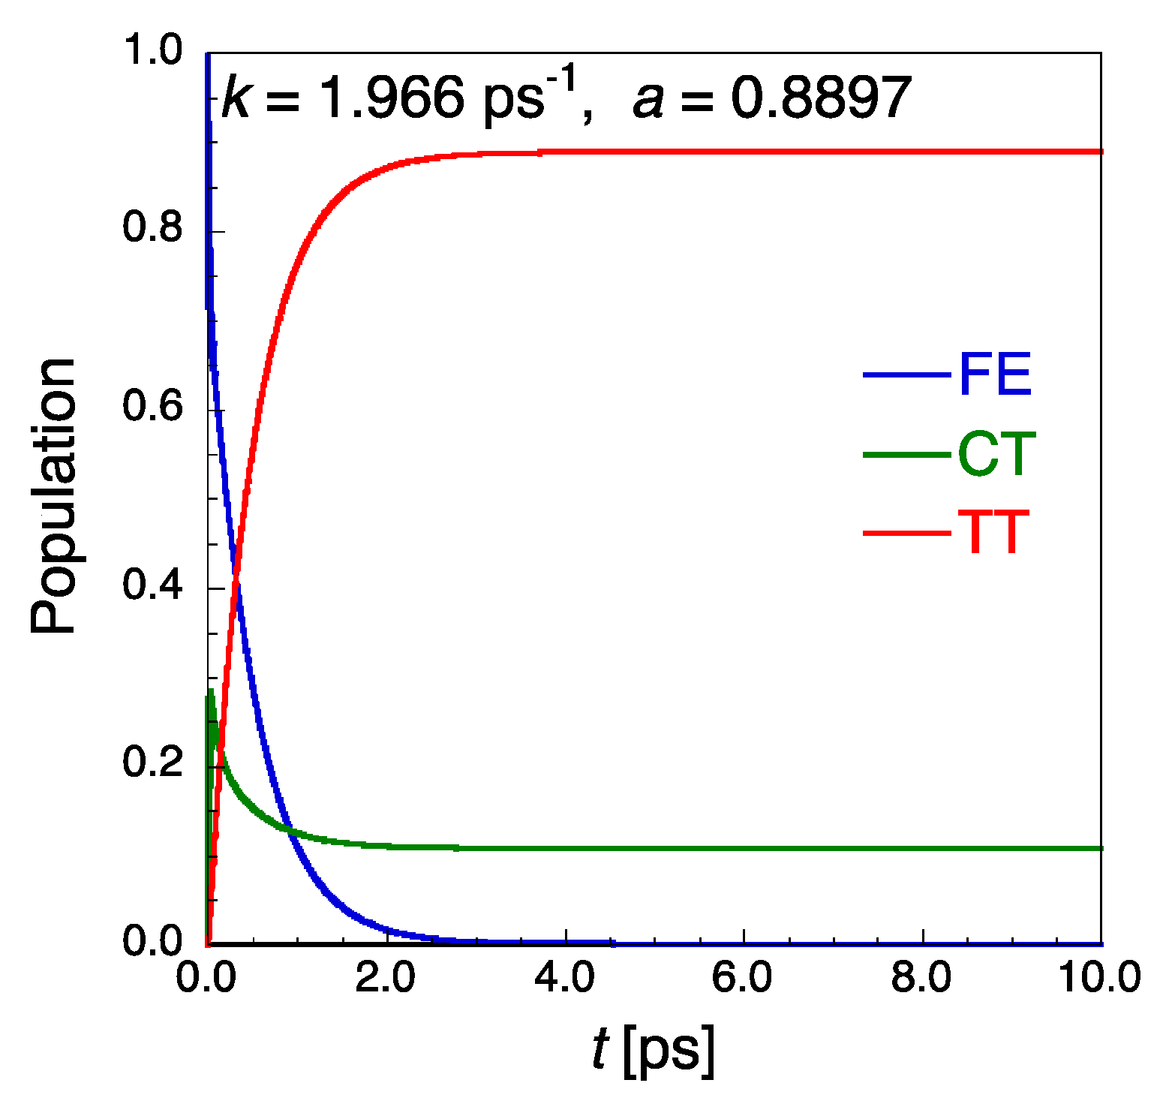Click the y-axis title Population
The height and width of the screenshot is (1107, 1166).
pyautogui.click(x=54, y=496)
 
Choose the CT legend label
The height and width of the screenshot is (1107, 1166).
pyautogui.click(x=996, y=454)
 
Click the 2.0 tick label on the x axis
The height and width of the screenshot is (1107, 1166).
pyautogui.click(x=386, y=979)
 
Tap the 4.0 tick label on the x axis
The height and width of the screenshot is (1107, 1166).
pyautogui.click(x=564, y=979)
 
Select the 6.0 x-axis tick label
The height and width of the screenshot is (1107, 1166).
pyautogui.click(x=743, y=979)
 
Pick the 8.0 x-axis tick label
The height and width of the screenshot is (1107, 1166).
pyautogui.click(x=921, y=979)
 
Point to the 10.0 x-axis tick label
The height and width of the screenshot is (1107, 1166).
pyautogui.click(x=1100, y=979)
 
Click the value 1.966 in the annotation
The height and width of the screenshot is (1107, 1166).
pyautogui.click(x=391, y=98)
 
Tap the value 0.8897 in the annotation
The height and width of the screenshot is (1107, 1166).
pyautogui.click(x=821, y=98)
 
